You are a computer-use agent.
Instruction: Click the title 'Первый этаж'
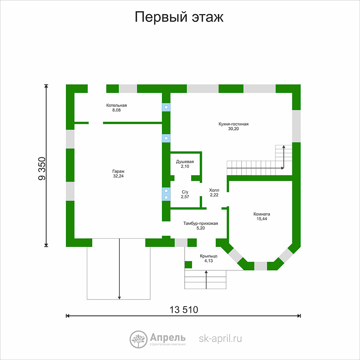(x=179, y=17)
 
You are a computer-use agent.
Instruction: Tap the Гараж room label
(x=118, y=171)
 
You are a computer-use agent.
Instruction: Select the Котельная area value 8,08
(x=116, y=110)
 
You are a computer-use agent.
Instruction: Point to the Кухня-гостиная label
(x=234, y=124)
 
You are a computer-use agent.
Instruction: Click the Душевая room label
(x=185, y=162)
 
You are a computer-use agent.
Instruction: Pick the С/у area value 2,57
(x=185, y=197)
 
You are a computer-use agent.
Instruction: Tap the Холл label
(x=214, y=190)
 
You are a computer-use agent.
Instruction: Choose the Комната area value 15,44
(x=262, y=219)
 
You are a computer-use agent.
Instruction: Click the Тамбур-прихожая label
(x=201, y=224)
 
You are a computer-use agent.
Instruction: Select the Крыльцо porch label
(x=208, y=256)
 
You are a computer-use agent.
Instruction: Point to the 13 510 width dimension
(x=184, y=310)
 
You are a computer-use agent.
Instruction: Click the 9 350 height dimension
(x=42, y=168)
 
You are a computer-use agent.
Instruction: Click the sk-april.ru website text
(x=220, y=339)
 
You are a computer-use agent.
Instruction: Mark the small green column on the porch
(x=188, y=265)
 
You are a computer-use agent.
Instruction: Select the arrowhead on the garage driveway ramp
(x=120, y=298)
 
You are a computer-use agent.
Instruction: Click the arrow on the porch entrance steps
(x=206, y=280)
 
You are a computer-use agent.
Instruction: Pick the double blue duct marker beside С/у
(x=166, y=194)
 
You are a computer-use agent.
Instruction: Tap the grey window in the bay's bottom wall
(x=261, y=266)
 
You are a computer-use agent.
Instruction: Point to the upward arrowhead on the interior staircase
(x=284, y=147)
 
